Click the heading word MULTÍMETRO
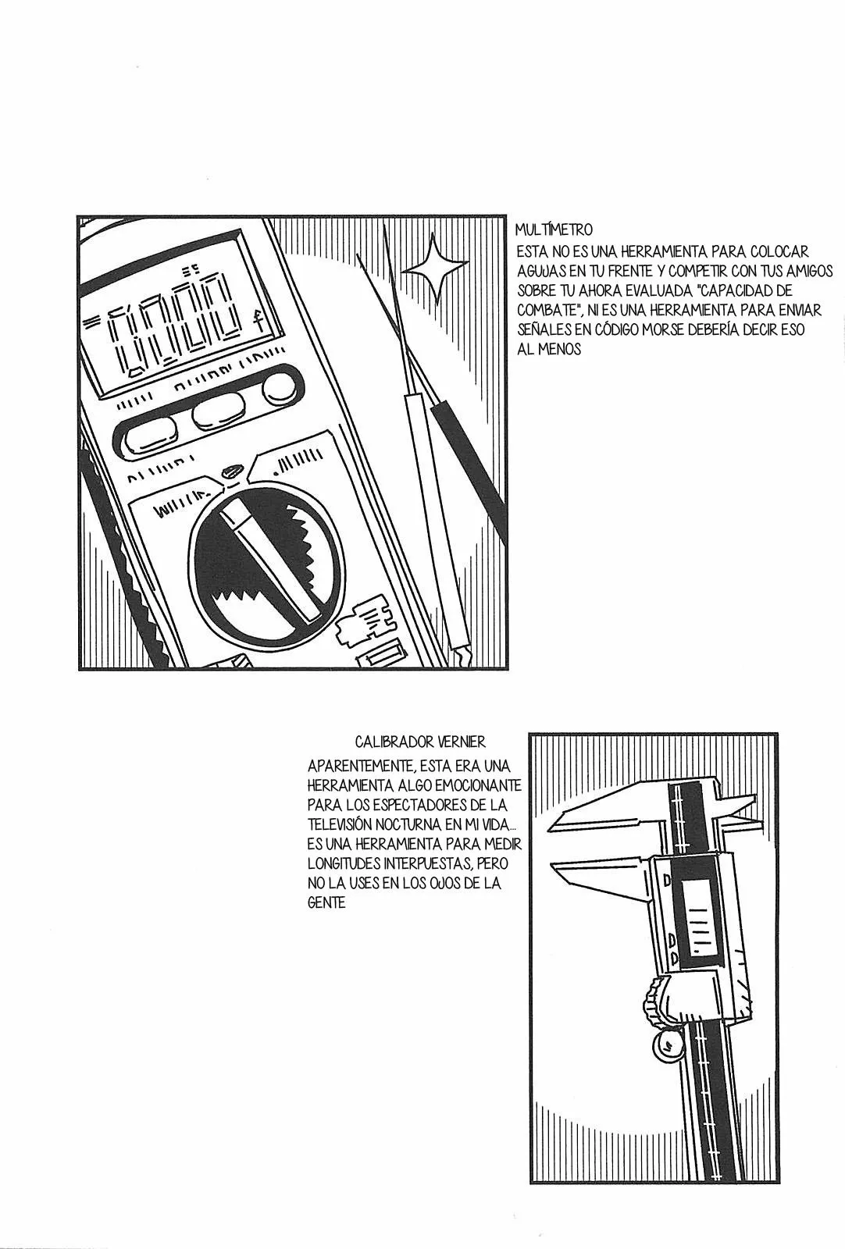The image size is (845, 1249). click(554, 230)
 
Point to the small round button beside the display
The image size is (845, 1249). click(276, 388)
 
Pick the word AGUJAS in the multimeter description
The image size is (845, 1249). click(538, 270)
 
